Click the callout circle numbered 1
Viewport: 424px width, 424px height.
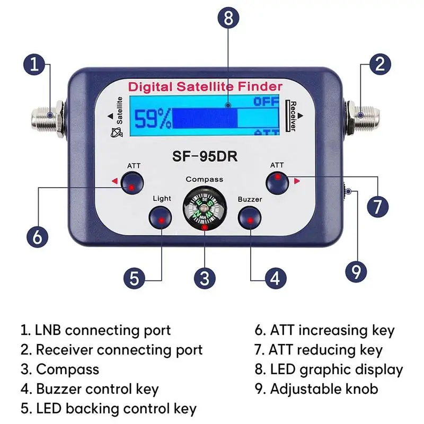[x=34, y=65]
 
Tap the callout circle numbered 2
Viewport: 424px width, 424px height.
[x=379, y=65]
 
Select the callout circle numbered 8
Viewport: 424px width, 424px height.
[x=228, y=19]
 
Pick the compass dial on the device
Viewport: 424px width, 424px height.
[x=204, y=208]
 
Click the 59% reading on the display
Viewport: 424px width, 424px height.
[x=152, y=119]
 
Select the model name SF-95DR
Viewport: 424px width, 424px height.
[x=205, y=157]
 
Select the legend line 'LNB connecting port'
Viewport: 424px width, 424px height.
[x=95, y=331]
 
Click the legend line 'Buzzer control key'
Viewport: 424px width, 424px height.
[x=90, y=388]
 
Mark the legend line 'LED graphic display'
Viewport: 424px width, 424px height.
[x=329, y=369]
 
